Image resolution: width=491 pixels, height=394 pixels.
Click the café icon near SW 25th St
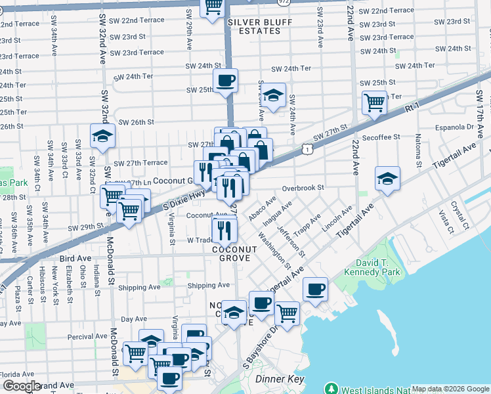[x=226, y=81]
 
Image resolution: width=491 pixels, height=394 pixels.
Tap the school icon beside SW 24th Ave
[x=274, y=95]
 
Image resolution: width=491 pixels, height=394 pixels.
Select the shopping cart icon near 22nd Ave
[x=374, y=102]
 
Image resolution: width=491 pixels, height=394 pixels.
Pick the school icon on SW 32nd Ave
[x=102, y=136]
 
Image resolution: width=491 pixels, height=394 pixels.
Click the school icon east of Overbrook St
[x=387, y=178]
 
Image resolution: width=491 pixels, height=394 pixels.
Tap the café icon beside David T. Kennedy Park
[x=315, y=289]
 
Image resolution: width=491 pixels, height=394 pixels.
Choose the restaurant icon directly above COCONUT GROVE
[x=225, y=230]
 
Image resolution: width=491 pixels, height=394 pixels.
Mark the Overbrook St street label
[x=303, y=188]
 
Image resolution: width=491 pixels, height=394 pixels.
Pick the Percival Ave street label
[x=87, y=337]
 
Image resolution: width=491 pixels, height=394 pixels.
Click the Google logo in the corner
[x=22, y=386]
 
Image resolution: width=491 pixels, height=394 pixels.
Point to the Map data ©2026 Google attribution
[x=450, y=389]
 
